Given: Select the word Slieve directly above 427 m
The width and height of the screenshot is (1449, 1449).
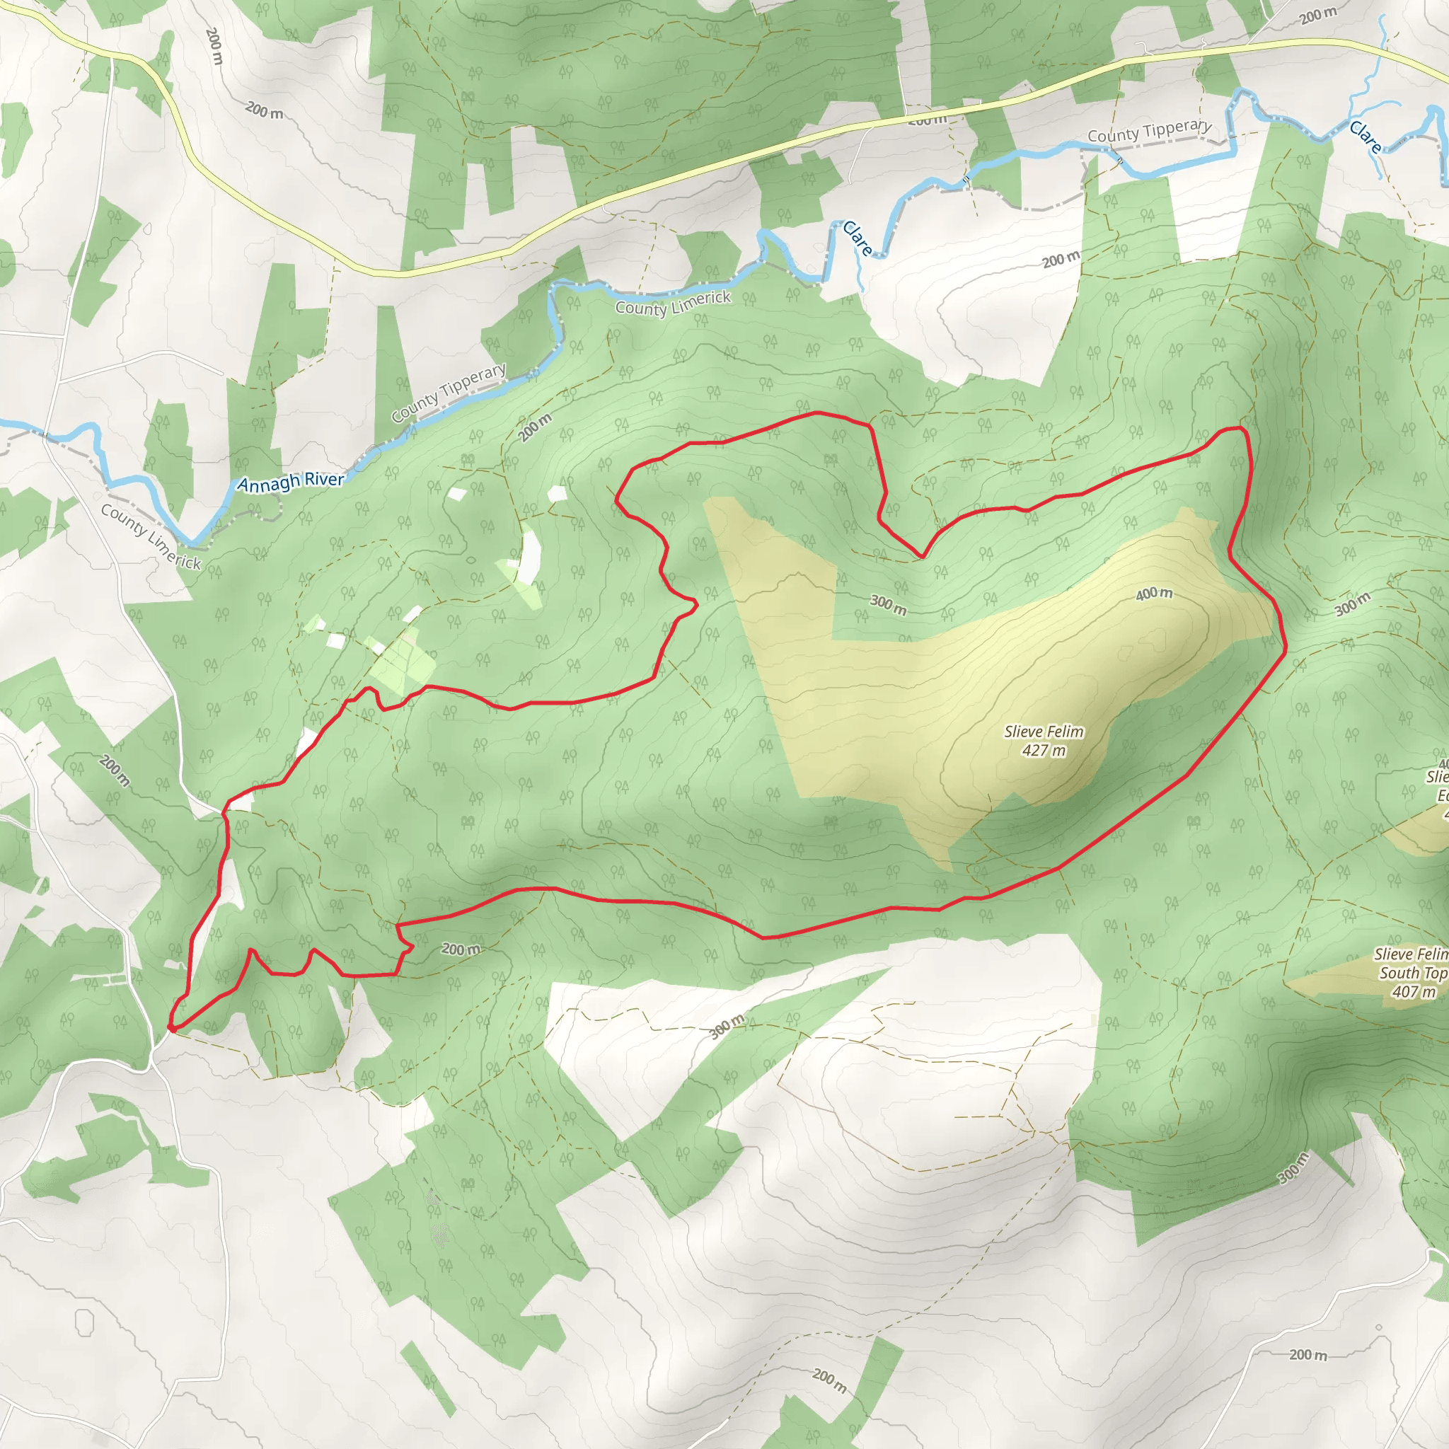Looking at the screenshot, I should click(x=1023, y=732).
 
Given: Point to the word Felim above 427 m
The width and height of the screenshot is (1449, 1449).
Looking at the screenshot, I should click(x=1065, y=732).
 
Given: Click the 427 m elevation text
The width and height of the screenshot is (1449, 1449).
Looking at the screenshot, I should click(x=1044, y=750).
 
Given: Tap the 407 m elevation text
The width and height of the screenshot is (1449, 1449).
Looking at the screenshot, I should click(x=1413, y=991).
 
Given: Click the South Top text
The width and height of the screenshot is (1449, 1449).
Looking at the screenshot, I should click(x=1413, y=973).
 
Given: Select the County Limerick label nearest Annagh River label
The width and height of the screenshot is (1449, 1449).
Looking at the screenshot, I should click(x=151, y=537).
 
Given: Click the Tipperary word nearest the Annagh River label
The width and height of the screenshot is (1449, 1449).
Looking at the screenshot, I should click(x=473, y=383).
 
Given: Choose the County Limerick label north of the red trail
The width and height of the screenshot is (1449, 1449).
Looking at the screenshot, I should click(x=673, y=303).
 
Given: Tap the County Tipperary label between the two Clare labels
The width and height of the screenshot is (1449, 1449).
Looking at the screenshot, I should click(x=1149, y=132).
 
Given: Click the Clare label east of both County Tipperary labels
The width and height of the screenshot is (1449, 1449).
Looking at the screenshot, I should click(x=1365, y=137).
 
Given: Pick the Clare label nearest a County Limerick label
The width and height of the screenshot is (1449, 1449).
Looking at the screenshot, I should click(x=858, y=238).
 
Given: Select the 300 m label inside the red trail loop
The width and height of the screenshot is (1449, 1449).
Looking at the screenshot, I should click(x=888, y=604).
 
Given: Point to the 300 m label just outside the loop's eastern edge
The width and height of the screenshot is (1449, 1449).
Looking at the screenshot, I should click(x=1352, y=603).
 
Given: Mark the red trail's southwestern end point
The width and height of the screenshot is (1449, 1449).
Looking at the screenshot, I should click(x=172, y=1029).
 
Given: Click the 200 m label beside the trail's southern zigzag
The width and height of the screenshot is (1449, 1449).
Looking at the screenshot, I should click(x=460, y=949).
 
